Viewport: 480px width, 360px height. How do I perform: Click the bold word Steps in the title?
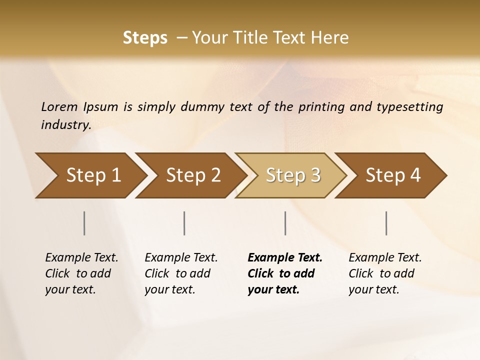coord(145,37)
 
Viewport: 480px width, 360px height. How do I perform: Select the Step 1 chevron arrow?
coord(90,175)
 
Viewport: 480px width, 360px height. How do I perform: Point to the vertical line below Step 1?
coord(84,223)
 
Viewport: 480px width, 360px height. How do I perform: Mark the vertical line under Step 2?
coord(184,223)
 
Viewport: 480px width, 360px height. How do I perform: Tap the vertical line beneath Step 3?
coord(285,223)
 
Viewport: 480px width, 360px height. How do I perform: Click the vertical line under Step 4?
coord(386,223)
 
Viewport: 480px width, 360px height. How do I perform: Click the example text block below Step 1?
coord(81,273)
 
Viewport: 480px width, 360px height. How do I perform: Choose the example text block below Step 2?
coord(181,273)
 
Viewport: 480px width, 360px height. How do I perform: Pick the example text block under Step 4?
coord(385,273)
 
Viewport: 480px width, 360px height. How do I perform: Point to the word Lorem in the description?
coord(59,107)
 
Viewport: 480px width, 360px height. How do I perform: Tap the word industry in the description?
coord(65,125)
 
